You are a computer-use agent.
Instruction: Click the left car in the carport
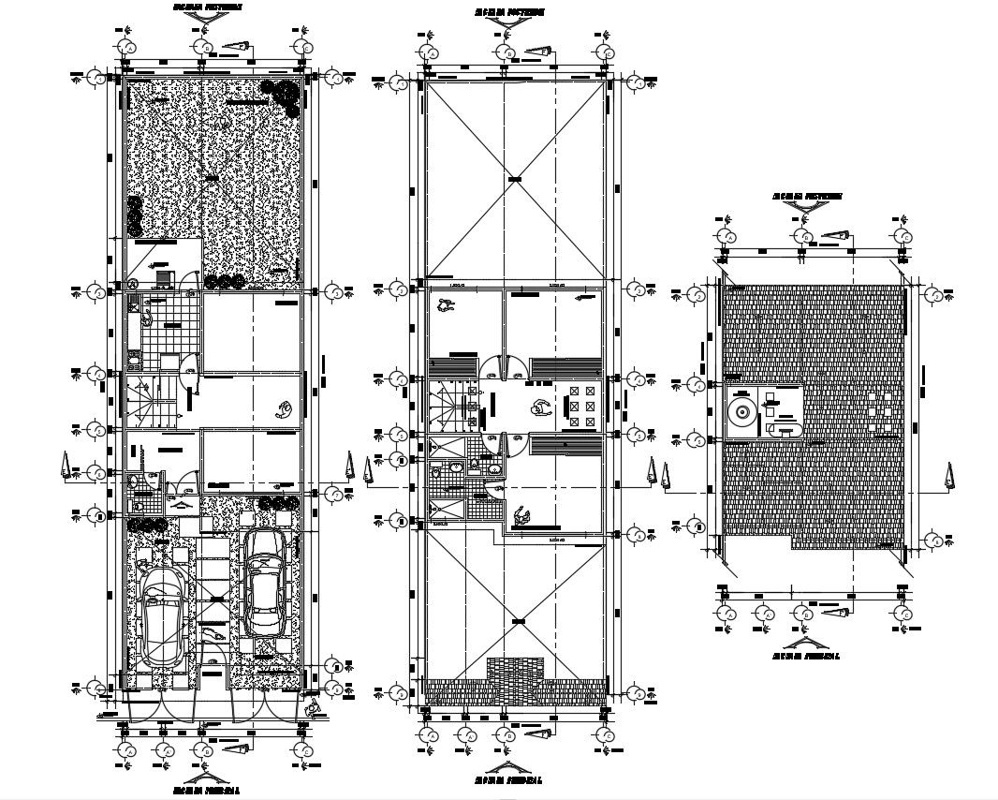pos(163,614)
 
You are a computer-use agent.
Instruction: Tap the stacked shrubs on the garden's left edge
pos(135,215)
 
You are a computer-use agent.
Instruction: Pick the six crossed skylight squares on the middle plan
pos(581,407)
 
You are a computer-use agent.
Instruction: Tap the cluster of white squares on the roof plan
pos(879,413)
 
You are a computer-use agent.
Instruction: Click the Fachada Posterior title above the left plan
pos(207,7)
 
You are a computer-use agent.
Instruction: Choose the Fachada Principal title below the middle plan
pos(507,779)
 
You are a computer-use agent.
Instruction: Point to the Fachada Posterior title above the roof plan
pos(807,198)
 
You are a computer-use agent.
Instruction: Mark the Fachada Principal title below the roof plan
pos(807,657)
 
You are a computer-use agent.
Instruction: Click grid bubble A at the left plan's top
pos(127,48)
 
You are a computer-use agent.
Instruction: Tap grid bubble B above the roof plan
pos(804,237)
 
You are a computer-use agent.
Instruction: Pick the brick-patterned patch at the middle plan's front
pos(514,676)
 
